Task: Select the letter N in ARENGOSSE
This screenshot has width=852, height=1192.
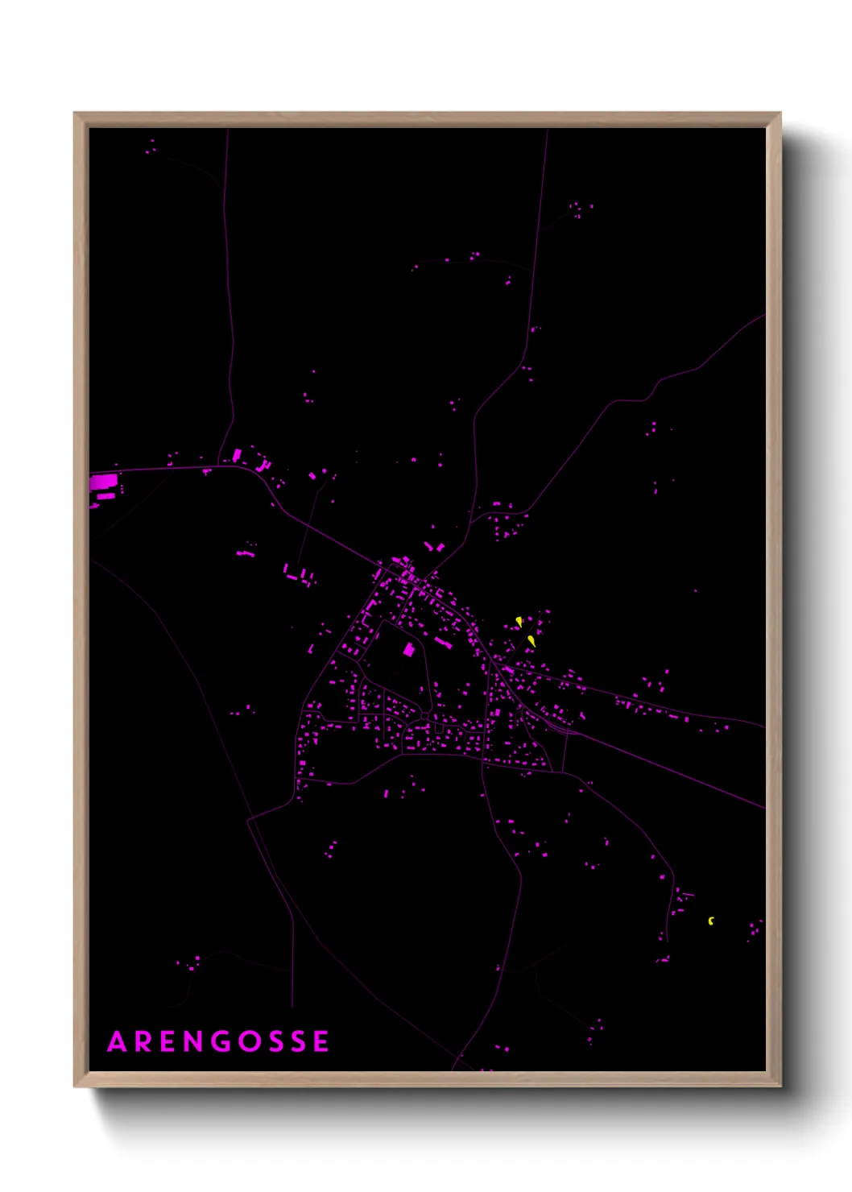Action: click(x=194, y=1041)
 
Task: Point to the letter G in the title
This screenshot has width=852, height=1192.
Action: click(x=220, y=1041)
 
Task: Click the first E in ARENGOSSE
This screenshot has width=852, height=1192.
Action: click(x=168, y=1041)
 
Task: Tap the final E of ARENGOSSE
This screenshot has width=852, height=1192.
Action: click(x=321, y=1041)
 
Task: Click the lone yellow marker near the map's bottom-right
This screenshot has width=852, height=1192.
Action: click(x=710, y=921)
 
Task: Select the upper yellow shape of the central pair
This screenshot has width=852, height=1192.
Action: click(x=519, y=622)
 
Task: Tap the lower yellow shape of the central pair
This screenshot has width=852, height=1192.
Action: click(x=531, y=641)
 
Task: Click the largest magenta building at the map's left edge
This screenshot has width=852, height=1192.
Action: click(x=103, y=482)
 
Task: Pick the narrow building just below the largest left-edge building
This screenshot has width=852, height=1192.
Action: click(x=105, y=496)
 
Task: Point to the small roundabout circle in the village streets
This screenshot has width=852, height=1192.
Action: click(x=424, y=715)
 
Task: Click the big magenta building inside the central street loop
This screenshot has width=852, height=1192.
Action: click(x=408, y=650)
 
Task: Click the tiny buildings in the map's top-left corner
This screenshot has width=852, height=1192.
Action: click(x=151, y=147)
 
